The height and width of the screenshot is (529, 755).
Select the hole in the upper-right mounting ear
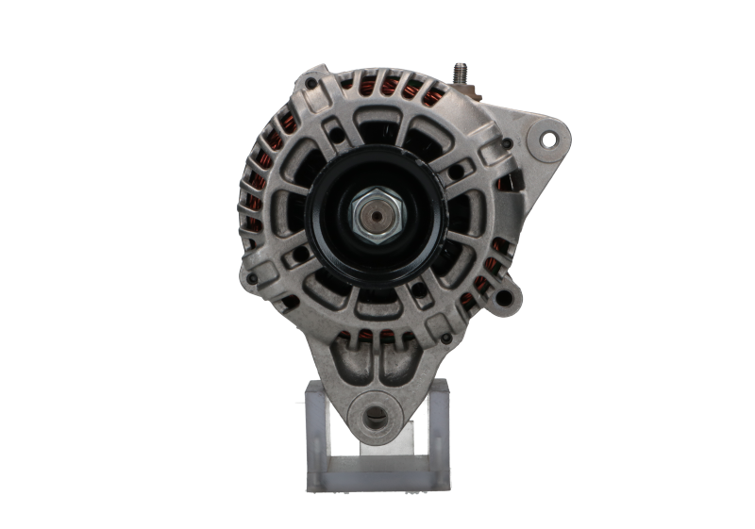pyautogui.click(x=547, y=139)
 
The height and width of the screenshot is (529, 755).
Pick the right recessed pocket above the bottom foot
pyautogui.click(x=411, y=358)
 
